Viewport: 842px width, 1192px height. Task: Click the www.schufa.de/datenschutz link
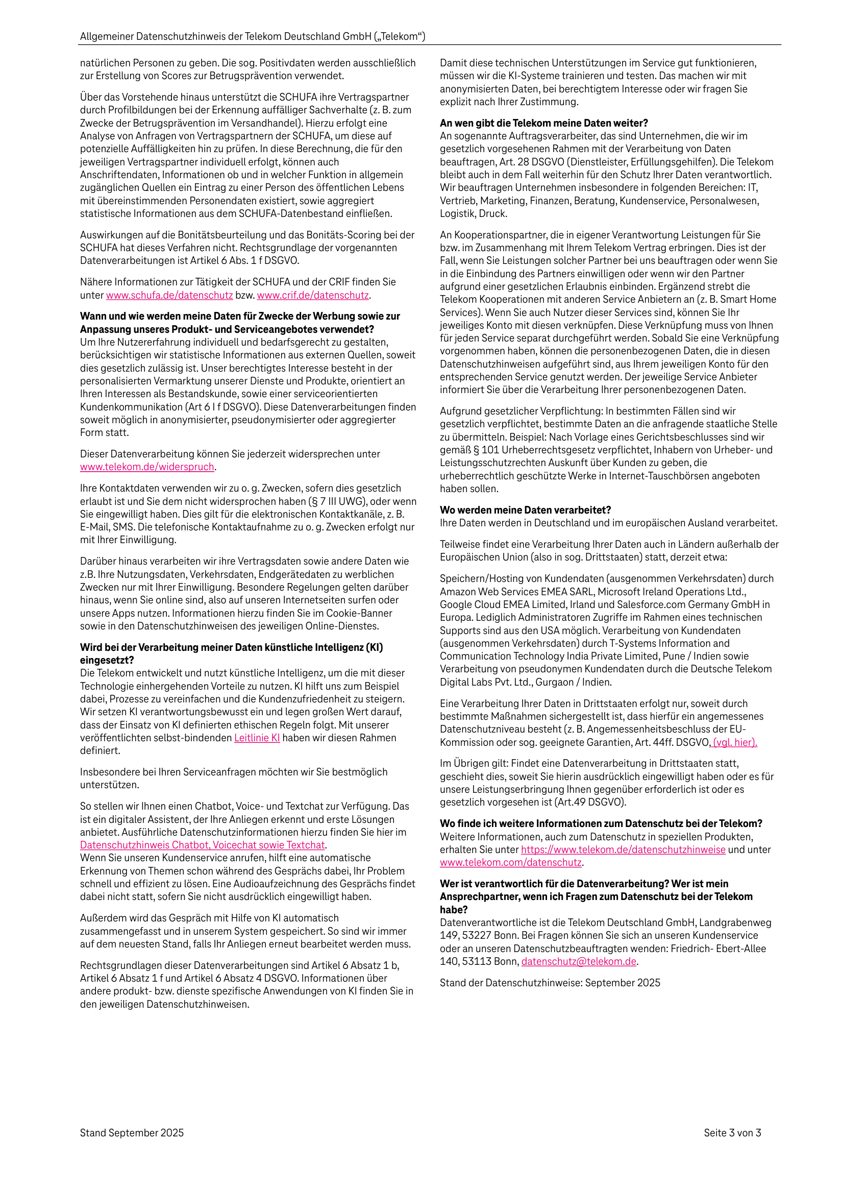click(169, 296)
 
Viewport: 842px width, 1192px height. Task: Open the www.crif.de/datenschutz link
click(312, 296)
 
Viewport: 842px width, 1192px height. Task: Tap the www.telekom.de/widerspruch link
click(147, 467)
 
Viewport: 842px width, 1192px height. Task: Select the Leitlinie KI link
click(257, 738)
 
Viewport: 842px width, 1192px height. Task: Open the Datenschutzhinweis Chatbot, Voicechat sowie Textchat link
click(203, 845)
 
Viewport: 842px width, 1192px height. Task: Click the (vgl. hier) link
click(734, 742)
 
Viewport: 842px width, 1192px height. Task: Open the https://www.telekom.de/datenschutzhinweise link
click(623, 850)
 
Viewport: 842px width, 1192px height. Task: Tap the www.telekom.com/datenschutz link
click(510, 862)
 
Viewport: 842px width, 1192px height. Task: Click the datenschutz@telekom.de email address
click(579, 961)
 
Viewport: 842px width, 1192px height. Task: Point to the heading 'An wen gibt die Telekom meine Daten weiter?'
click(543, 123)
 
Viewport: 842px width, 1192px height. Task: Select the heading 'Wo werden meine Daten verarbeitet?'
click(525, 510)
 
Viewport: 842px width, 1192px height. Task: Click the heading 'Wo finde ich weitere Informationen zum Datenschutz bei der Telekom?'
click(601, 823)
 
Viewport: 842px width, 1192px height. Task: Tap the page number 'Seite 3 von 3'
click(732, 1133)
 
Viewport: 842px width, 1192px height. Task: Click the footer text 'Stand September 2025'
click(132, 1133)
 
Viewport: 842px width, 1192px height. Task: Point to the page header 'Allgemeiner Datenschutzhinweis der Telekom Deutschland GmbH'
click(252, 36)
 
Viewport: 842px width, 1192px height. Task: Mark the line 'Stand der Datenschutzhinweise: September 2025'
click(550, 983)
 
